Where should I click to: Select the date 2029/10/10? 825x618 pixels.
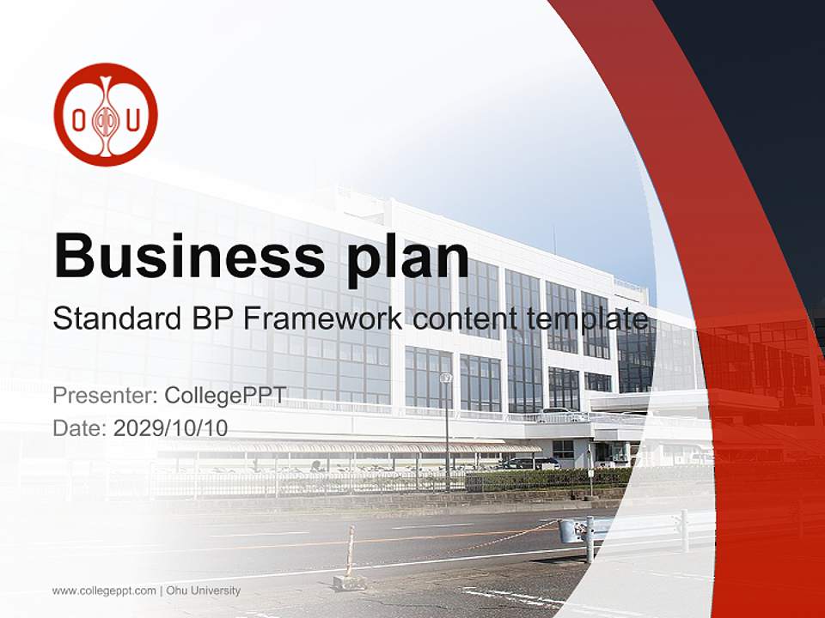point(171,427)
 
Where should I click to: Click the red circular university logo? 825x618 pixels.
point(106,114)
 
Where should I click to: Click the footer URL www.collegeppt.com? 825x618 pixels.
point(104,591)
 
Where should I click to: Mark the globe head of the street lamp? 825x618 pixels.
point(445,378)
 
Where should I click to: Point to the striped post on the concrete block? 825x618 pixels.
point(350,551)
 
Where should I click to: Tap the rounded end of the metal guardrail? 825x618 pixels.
point(568,530)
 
